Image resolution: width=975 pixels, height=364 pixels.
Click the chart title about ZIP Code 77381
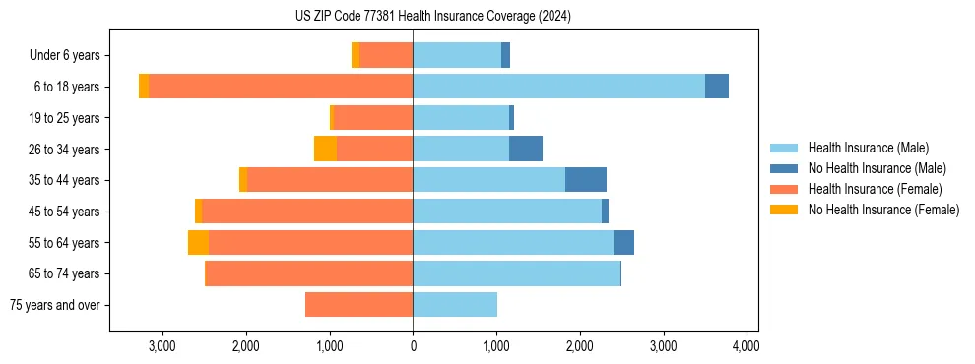[432, 16]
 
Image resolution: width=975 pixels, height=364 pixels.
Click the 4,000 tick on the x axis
[747, 346]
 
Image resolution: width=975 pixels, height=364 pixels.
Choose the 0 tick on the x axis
[413, 346]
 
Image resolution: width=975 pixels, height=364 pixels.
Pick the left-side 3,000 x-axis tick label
[162, 346]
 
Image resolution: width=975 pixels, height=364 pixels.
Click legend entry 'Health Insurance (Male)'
[868, 148]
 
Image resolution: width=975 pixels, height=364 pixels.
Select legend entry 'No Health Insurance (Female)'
[883, 210]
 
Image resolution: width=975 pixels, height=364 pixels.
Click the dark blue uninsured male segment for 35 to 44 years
[586, 180]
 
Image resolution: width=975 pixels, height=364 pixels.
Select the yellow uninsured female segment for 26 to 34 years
[325, 149]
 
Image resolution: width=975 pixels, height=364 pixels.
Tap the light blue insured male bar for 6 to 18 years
[558, 87]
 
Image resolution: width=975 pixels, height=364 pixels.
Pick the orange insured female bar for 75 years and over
[358, 305]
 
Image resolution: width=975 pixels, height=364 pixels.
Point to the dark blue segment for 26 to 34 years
[526, 149]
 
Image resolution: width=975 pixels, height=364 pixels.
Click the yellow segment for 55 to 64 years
[198, 242]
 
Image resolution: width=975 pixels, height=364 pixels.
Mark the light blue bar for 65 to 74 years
[516, 273]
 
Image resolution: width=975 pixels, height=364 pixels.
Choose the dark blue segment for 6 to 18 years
[717, 87]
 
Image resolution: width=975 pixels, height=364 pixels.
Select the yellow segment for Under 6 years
[356, 56]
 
